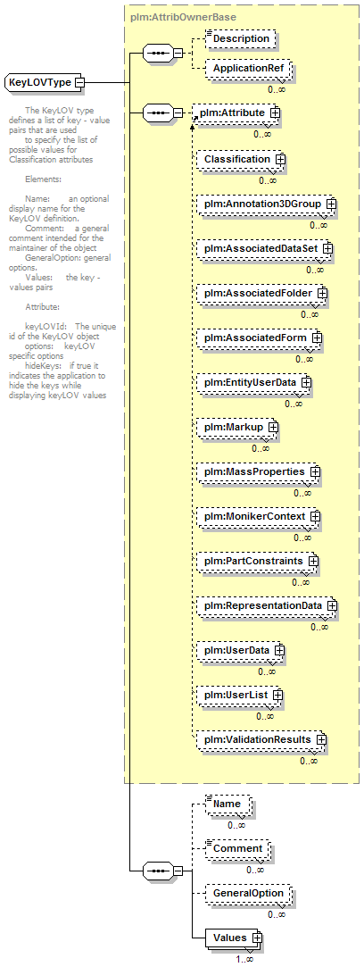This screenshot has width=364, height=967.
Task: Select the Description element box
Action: [x=241, y=38]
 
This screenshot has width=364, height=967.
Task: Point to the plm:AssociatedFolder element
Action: [x=262, y=293]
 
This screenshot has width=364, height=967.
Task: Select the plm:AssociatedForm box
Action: [x=260, y=338]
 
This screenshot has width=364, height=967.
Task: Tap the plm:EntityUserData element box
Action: [x=254, y=382]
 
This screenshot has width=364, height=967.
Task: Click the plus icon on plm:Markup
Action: [x=273, y=427]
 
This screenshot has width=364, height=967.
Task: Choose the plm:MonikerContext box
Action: [x=260, y=516]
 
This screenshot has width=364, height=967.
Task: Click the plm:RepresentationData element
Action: [x=268, y=605]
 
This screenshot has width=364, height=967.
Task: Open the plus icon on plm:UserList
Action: [x=277, y=695]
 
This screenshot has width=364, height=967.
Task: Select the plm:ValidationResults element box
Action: [x=261, y=738]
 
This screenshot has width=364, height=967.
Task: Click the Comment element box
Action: [x=238, y=848]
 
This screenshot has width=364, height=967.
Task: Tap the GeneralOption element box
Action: [x=248, y=893]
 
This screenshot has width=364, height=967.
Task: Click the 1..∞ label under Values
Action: [x=244, y=960]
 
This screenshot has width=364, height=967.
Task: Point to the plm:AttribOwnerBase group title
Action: [x=184, y=17]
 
